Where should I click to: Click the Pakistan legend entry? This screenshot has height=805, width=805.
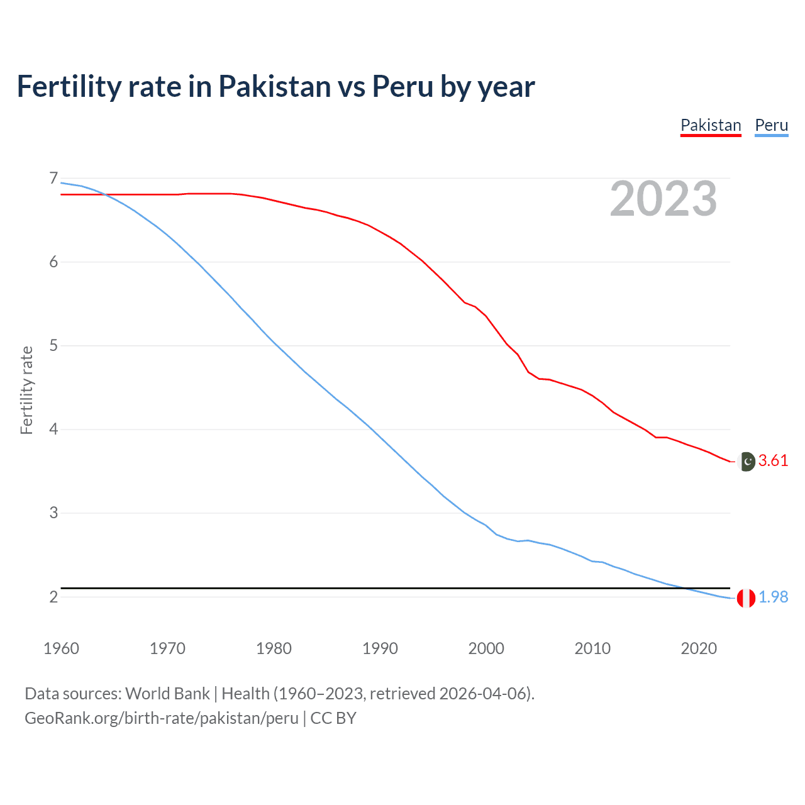(711, 125)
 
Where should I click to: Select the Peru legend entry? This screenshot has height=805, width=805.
(771, 125)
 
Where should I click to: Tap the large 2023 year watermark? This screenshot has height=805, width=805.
(663, 199)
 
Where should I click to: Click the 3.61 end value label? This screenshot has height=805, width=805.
(773, 461)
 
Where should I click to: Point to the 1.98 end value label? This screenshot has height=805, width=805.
(773, 597)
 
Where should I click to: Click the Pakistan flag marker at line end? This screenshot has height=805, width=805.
(747, 462)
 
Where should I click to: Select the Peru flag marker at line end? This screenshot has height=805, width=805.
(746, 598)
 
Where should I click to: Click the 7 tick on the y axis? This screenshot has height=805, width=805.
(53, 179)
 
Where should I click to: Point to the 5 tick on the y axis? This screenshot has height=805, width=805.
(53, 346)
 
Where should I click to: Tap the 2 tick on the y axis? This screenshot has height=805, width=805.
(53, 597)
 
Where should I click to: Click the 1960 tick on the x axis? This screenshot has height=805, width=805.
(61, 648)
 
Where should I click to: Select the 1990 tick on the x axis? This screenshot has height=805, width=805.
(380, 648)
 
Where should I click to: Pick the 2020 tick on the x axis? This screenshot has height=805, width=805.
(699, 648)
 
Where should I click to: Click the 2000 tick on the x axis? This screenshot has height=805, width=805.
(486, 648)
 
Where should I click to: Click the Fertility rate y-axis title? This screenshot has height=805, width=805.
(26, 390)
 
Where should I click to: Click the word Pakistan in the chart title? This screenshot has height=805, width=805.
(274, 86)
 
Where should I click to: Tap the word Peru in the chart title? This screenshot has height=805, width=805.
(402, 86)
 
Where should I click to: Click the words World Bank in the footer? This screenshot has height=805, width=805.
(167, 694)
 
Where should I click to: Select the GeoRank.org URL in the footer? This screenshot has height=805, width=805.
(162, 718)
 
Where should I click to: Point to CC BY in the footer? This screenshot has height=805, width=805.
(333, 718)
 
